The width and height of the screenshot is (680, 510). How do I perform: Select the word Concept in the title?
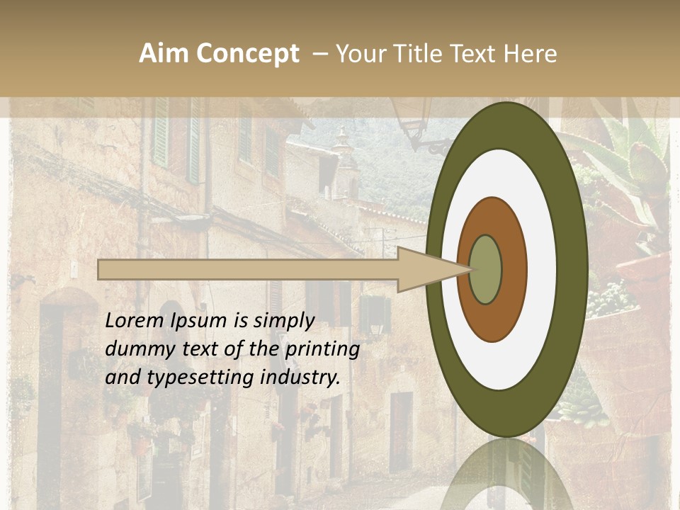click(247, 54)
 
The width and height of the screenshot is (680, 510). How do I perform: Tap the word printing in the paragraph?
click(322, 349)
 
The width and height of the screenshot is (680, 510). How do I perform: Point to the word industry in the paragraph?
click(300, 378)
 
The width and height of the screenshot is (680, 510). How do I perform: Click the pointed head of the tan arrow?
click(432, 269)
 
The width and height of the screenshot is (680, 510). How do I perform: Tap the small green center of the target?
click(485, 270)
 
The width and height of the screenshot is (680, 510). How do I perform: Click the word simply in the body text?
click(283, 321)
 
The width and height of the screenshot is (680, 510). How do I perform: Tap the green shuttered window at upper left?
click(161, 135)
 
